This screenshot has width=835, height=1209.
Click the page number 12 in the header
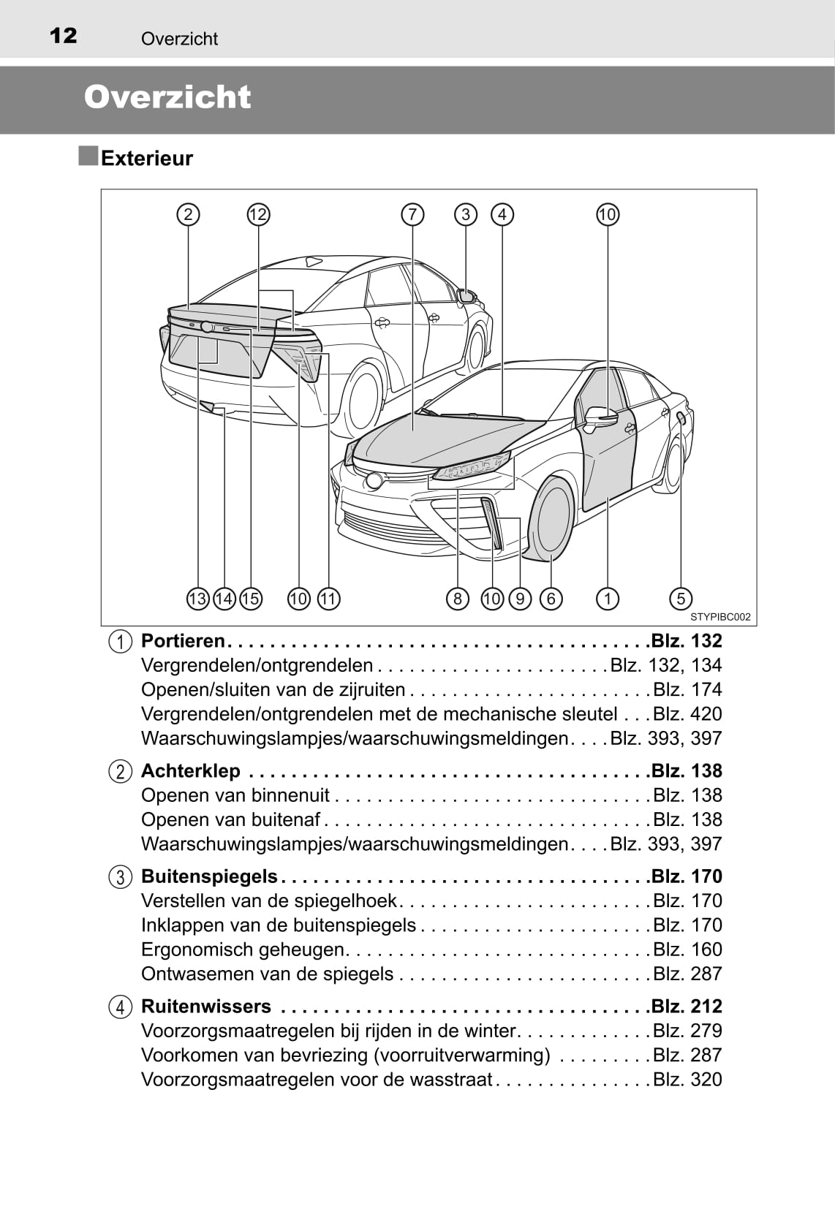(x=63, y=35)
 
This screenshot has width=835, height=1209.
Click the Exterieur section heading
(x=146, y=159)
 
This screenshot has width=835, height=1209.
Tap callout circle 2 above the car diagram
(x=189, y=215)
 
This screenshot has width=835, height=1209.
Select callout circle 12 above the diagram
(x=258, y=215)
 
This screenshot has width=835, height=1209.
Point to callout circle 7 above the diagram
(x=412, y=215)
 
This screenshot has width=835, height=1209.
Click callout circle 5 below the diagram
(x=680, y=599)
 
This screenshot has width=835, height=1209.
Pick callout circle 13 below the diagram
(x=198, y=599)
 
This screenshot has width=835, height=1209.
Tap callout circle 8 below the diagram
(x=458, y=599)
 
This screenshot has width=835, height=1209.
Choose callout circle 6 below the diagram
(x=551, y=599)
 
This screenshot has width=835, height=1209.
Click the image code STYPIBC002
(x=719, y=617)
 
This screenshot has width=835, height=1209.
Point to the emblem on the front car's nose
(x=374, y=480)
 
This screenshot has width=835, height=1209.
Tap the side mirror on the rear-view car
(x=466, y=295)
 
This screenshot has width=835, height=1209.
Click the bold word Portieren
(x=183, y=641)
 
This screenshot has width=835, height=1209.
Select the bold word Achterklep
(x=190, y=771)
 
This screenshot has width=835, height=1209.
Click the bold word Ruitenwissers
(x=205, y=1007)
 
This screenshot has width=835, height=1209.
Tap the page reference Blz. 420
(x=687, y=714)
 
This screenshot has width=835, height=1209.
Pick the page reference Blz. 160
(x=687, y=950)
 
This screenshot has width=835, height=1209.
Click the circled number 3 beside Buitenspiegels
(x=120, y=877)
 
